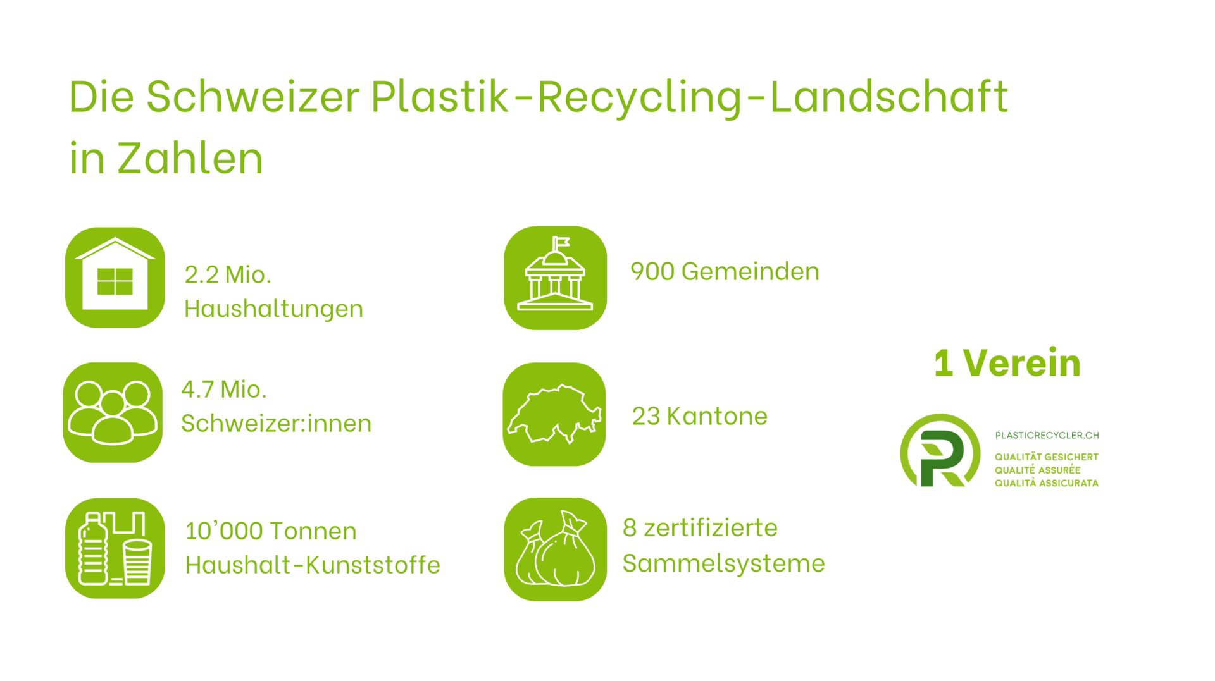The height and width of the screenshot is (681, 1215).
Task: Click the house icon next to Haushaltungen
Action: [x=115, y=278]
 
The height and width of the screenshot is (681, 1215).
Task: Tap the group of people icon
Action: [x=113, y=412]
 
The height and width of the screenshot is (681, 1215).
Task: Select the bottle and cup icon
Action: [x=115, y=548]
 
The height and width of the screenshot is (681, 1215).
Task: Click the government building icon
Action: [x=556, y=278]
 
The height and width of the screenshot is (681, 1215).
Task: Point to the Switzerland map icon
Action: [x=554, y=414]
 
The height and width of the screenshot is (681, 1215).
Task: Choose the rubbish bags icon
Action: [x=556, y=549]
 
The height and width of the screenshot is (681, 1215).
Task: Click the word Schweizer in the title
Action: [x=253, y=97]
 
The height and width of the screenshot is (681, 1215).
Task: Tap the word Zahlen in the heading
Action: [x=190, y=158]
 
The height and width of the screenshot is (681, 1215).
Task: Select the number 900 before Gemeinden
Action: [x=652, y=272]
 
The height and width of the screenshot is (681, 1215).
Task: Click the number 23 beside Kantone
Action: [x=646, y=417]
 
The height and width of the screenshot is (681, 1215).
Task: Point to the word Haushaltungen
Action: [x=274, y=309]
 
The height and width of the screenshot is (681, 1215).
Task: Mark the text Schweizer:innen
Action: [x=277, y=424]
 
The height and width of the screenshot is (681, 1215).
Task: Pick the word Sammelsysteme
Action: [x=724, y=563]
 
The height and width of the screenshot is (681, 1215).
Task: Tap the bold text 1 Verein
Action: [x=1007, y=364]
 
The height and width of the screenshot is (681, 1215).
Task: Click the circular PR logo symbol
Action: [x=940, y=451]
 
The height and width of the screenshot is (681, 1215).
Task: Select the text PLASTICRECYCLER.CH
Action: [x=1047, y=435]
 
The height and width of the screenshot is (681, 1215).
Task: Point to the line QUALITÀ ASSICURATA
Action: [x=1047, y=483]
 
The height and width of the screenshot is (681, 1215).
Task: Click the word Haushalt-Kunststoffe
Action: [x=313, y=565]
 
